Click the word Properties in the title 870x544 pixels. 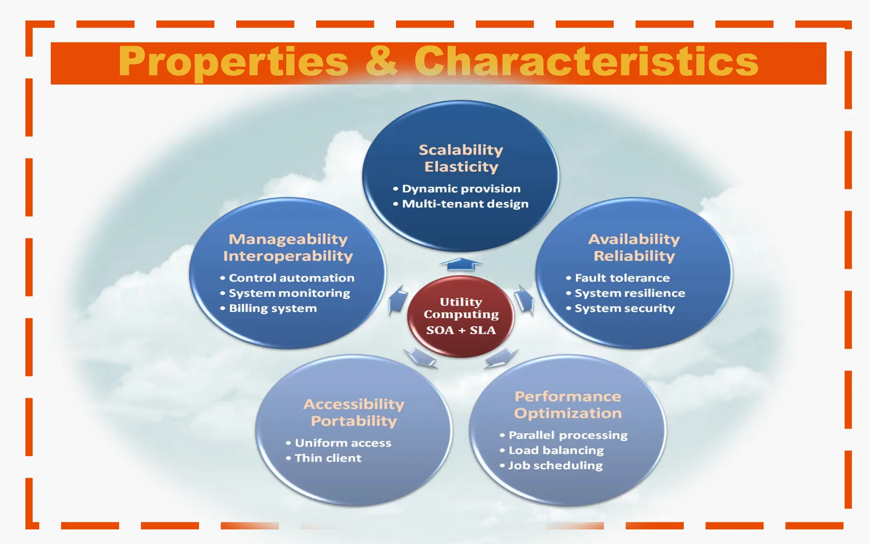click(233, 62)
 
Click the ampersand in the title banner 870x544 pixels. click(381, 62)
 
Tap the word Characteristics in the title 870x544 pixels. click(586, 62)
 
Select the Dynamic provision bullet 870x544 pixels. click(461, 189)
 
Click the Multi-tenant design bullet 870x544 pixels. click(465, 204)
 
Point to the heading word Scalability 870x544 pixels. click(461, 150)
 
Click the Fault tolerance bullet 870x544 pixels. click(622, 278)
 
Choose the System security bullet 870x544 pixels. click(624, 308)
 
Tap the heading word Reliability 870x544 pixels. click(634, 256)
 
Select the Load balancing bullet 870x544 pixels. click(556, 450)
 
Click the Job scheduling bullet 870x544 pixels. click(555, 465)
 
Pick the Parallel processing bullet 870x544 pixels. click(568, 435)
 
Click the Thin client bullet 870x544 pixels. click(328, 458)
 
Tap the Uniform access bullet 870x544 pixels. click(343, 443)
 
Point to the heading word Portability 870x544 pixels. click(354, 421)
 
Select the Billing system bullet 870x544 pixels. click(273, 308)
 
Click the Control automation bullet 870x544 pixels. click(291, 278)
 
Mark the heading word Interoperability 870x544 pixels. click(288, 256)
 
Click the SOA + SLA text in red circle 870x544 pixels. click(461, 330)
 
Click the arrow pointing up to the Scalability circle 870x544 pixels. click(461, 264)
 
